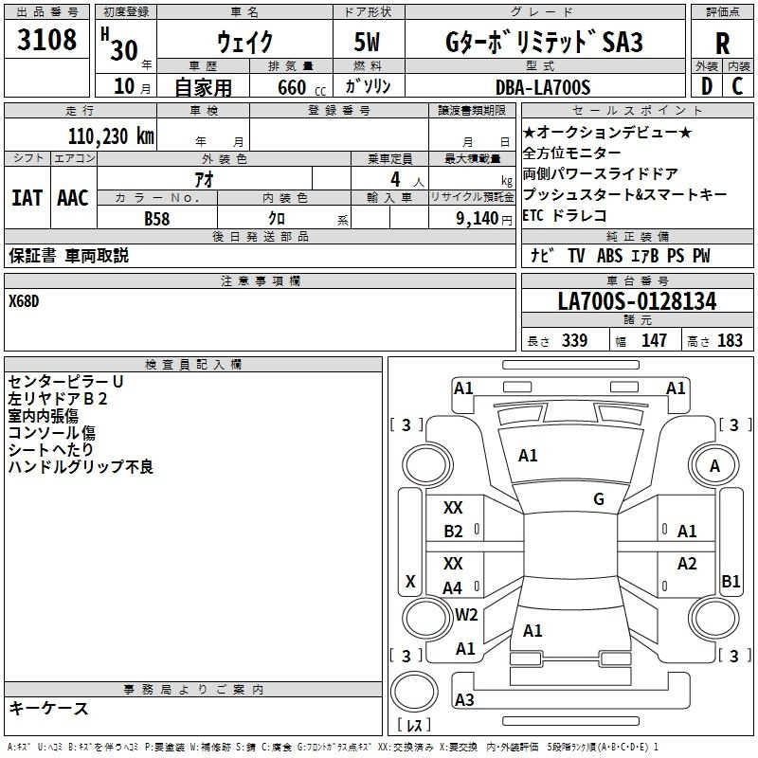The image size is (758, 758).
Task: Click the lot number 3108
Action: (46, 39)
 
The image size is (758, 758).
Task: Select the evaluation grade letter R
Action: (722, 44)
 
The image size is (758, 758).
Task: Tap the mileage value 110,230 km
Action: (111, 136)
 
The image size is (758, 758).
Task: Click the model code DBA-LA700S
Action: (543, 87)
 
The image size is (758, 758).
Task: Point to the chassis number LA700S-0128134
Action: (637, 301)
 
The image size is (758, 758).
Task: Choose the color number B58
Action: (157, 219)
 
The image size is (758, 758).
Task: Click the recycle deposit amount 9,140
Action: (478, 219)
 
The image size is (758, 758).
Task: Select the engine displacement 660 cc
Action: (301, 87)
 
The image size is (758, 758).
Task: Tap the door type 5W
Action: (367, 42)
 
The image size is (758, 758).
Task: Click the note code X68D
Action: (24, 301)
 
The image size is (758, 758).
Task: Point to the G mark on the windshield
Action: (599, 498)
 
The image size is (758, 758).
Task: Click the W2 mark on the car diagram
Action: (466, 614)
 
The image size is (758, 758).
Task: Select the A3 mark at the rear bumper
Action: (464, 699)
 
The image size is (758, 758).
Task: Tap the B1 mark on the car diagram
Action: (731, 581)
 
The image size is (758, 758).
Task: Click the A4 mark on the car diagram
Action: (453, 587)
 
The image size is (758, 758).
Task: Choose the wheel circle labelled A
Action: (714, 465)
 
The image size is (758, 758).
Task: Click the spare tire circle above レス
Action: (414, 692)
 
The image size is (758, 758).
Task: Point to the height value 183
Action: (730, 340)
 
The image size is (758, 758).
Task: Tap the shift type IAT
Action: (27, 198)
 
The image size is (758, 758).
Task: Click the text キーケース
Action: (49, 709)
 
